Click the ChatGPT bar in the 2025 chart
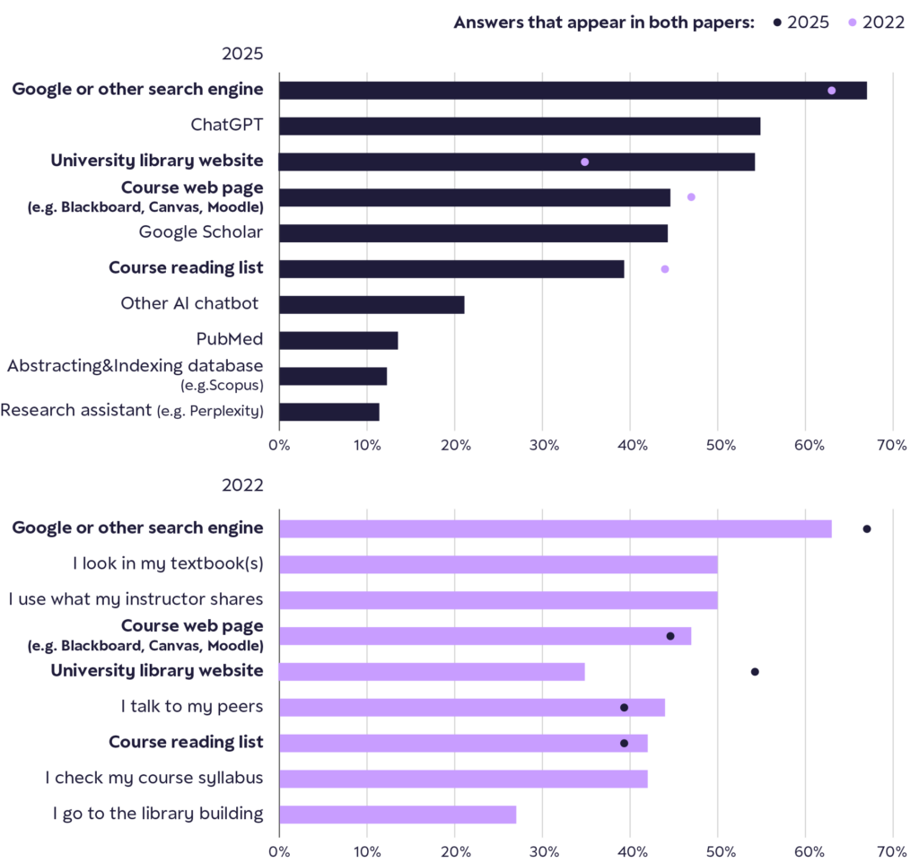click(520, 126)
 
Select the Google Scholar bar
click(473, 233)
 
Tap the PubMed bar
click(338, 341)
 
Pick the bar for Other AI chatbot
click(372, 305)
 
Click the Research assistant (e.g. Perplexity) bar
click(329, 412)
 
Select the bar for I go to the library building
click(398, 815)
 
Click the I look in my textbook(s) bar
click(498, 564)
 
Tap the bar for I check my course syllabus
click(463, 779)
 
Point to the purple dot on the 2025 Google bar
click(832, 91)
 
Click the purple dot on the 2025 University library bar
click(585, 162)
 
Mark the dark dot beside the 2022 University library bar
click(755, 672)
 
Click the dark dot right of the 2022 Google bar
click(867, 529)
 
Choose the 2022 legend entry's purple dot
click(853, 22)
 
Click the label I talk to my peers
click(192, 707)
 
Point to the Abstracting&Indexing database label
click(135, 366)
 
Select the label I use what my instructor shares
click(136, 599)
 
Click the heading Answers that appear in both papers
click(604, 22)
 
